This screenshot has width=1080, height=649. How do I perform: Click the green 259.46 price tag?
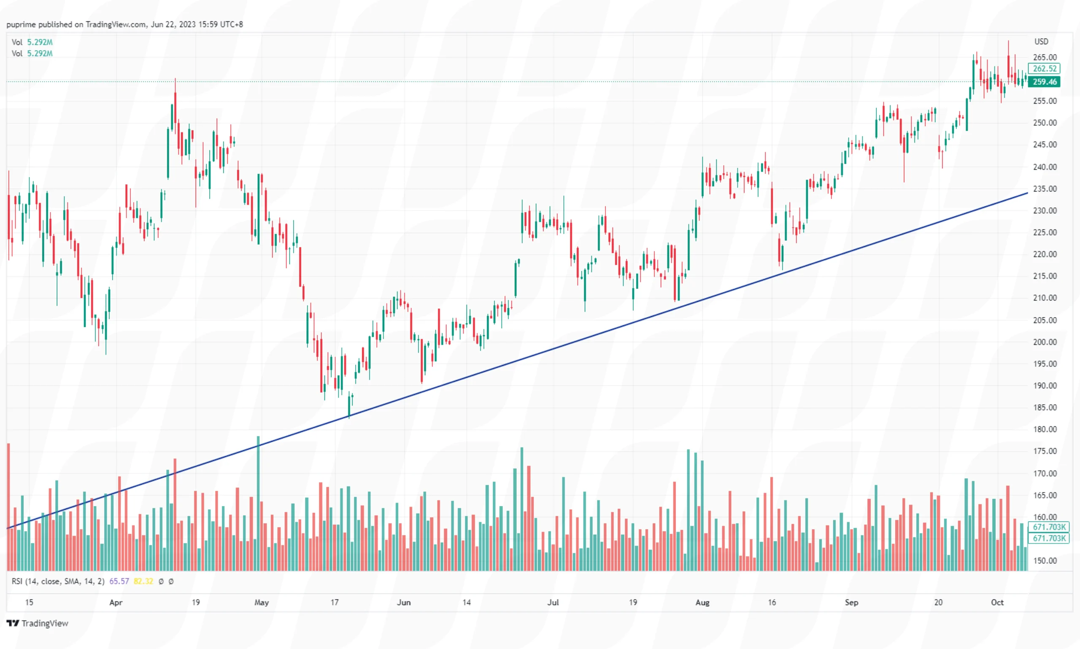[1044, 82]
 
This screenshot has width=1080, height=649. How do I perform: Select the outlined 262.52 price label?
[1044, 69]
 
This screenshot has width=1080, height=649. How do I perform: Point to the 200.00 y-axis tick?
[1045, 342]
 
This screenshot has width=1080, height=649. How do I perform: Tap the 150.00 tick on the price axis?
[1045, 561]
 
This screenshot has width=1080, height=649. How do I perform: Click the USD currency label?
[1041, 42]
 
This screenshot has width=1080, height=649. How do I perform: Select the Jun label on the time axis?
[404, 602]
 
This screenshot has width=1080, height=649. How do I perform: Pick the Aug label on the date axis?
[702, 602]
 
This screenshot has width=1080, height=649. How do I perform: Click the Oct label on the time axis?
[997, 602]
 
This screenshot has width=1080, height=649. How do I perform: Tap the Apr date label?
[116, 602]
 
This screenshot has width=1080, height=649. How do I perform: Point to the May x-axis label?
[262, 602]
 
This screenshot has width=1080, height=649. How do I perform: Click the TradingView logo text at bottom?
[45, 623]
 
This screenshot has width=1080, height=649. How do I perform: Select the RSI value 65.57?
[119, 581]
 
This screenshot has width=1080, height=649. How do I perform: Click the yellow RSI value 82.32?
[143, 581]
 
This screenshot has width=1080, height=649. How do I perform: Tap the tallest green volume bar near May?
[258, 503]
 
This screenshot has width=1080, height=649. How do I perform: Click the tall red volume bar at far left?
[8, 507]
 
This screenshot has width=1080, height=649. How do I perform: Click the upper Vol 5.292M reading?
[39, 42]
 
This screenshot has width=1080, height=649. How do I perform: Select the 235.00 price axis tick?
[1045, 189]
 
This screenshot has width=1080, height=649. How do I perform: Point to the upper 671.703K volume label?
[1049, 527]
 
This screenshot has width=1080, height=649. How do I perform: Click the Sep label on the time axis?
[851, 602]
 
